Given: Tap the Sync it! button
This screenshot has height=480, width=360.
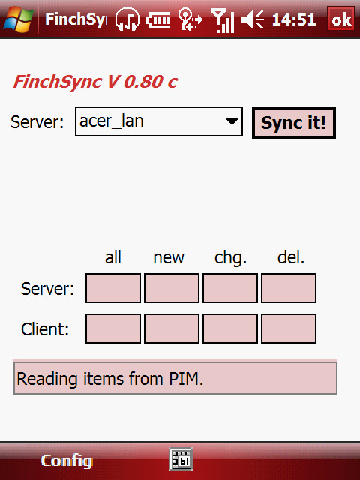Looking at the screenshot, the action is coord(294,123).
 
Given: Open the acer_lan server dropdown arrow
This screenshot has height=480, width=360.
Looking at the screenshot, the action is coord(232,121).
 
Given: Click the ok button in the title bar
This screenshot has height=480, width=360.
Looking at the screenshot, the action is coord(341,19).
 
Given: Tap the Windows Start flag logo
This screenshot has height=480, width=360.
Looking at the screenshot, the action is coord(18,19).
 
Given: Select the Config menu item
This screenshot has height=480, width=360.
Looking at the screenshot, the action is coord(67,460).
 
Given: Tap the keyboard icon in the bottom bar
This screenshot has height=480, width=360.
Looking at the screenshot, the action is coord(181,459).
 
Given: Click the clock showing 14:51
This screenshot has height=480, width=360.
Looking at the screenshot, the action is coord(293,19).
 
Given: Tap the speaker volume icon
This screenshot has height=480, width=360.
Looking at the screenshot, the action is coord(253,19).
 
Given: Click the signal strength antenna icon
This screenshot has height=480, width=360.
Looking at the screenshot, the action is coord(223,20).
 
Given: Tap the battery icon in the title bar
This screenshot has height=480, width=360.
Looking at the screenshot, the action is coord(158,20).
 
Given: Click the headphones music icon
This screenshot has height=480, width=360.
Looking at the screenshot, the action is coord(127,19).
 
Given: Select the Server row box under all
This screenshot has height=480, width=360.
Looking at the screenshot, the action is coord(113,288).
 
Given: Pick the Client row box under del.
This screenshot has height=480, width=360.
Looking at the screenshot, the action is coord(289,328).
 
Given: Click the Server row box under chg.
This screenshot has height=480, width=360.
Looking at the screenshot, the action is coord(230,288).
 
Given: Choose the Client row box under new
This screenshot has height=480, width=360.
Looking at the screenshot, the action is coord(172,328).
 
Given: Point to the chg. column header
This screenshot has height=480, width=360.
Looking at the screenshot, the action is coord(230,258).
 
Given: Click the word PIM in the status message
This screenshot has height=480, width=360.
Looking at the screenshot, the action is coord(186,378).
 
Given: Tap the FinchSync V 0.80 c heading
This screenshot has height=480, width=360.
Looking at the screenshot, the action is coord(95,82).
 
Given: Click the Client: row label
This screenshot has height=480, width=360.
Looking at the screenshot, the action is coord(45,329).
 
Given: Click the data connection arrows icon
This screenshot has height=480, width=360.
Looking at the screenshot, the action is coord(190,19).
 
